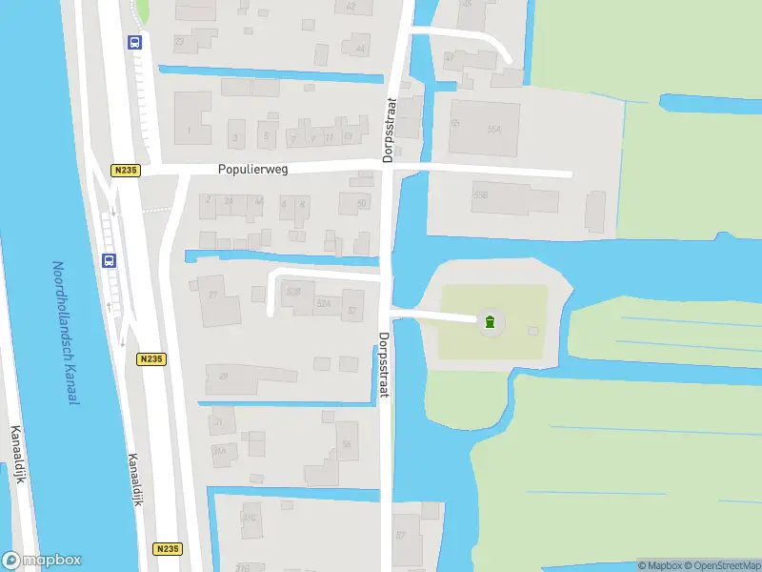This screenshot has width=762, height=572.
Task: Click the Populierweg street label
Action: point(253,169)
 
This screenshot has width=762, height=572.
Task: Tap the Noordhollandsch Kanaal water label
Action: point(65,333)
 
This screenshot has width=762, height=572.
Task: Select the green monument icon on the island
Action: point(490,322)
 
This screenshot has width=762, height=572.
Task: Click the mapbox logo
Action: point(42,561)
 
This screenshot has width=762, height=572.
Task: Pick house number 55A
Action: point(493,129)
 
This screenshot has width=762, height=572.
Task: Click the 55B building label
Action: point(480,194)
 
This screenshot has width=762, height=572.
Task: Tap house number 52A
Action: point(323,304)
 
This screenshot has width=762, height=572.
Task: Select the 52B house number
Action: point(293,291)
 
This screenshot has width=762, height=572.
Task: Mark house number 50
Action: point(361,203)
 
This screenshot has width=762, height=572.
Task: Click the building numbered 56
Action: point(347,444)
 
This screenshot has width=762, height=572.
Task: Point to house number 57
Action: point(400,534)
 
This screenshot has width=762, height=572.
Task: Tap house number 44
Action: point(359,49)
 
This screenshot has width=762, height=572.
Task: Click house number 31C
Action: point(251,518)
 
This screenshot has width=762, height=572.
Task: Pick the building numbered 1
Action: point(189,129)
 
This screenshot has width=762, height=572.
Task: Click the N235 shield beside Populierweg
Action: point(125,171)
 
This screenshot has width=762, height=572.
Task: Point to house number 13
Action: point(347,136)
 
